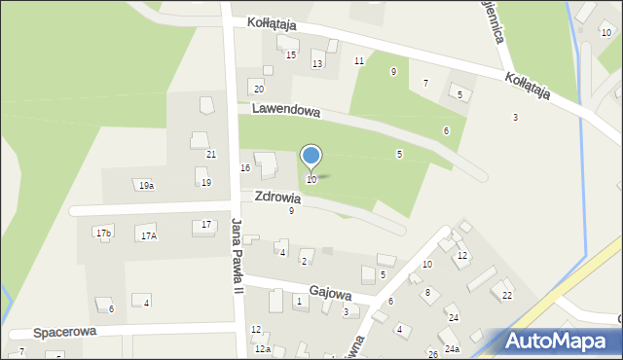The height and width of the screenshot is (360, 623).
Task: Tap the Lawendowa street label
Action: coord(285,111)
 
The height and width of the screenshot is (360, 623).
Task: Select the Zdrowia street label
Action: coord(277,198)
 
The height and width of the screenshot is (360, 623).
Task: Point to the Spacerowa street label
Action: coord(66,332)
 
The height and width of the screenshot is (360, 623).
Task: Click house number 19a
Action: coord(146,185)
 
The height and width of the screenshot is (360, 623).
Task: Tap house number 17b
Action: coord(103,233)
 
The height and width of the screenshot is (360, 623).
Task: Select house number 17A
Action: coord(148,235)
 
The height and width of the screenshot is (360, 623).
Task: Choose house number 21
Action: coord(210,155)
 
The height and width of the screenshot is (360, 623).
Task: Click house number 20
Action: coord(258,89)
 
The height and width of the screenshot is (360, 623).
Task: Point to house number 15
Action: coord(290,54)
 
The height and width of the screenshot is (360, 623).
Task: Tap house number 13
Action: coord(316,64)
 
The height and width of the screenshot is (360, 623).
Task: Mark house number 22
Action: coord(506,295)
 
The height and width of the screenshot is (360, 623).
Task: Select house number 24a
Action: coord(452,348)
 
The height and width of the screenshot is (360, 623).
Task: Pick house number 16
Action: coord(245,168)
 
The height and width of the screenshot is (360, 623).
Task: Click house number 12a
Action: coord(261,348)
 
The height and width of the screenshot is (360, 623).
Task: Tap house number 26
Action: coord(432,354)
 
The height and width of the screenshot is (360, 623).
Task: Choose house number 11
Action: coord(358,61)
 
